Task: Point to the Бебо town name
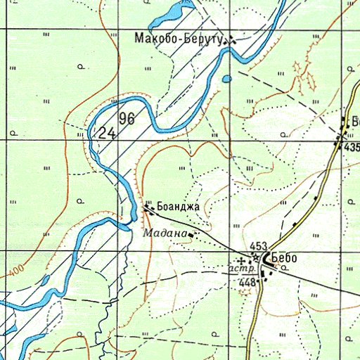click(283, 258)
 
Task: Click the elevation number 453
click(258, 246)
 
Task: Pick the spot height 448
click(247, 282)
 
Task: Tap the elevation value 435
click(352, 147)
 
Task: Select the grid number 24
click(107, 132)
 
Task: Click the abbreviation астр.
click(239, 269)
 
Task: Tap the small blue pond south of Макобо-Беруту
click(226, 79)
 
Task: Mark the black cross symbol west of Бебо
click(243, 260)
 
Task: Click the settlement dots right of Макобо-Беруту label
click(230, 41)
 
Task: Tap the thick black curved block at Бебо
click(268, 259)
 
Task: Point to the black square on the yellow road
click(295, 224)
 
